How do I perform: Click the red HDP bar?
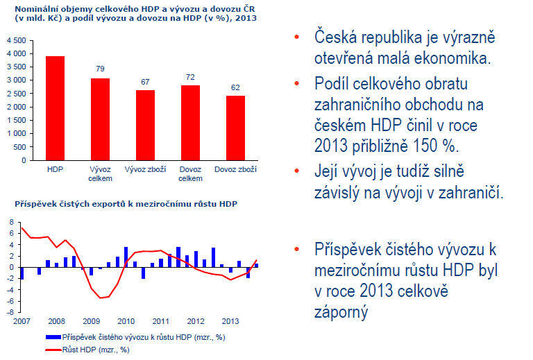[55, 108]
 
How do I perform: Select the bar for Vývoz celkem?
[100, 119]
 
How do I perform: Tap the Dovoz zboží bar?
[235, 128]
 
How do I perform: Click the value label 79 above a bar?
[100, 69]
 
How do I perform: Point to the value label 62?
[235, 87]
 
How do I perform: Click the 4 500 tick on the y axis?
[17, 40]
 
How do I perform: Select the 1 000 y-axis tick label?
[17, 133]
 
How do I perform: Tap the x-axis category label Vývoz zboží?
[145, 169]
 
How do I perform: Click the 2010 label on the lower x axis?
[126, 321]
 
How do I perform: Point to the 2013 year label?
[230, 321]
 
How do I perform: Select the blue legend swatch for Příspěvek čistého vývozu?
[53, 337]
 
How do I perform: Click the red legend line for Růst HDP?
[53, 350]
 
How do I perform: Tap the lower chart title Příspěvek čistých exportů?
[126, 204]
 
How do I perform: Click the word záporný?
[341, 312]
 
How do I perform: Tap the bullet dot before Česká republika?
[297, 37]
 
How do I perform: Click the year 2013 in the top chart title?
[246, 18]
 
